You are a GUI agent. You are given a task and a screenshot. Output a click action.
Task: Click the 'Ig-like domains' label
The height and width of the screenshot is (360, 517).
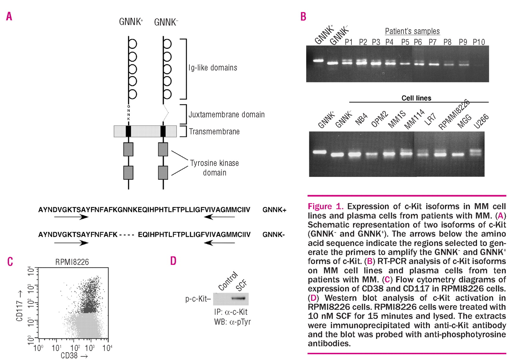click(213, 68)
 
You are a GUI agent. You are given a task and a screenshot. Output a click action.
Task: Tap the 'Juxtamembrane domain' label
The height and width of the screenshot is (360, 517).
click(226, 115)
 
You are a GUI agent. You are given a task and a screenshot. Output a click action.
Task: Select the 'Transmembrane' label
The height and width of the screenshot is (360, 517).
click(214, 132)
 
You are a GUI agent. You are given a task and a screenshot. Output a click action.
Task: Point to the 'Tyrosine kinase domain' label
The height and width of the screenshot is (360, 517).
click(215, 167)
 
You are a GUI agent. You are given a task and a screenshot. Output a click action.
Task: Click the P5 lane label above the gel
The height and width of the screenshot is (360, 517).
click(405, 42)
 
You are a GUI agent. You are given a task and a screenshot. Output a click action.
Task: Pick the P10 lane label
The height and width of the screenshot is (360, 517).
click(479, 42)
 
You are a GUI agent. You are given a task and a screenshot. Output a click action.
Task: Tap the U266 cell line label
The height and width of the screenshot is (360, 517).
click(481, 121)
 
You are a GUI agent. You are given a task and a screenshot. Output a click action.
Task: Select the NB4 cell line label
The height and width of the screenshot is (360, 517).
click(361, 120)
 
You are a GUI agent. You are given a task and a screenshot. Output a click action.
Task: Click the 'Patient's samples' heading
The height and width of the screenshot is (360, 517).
click(412, 31)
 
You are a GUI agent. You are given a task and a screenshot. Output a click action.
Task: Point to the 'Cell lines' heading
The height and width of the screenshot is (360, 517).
click(416, 98)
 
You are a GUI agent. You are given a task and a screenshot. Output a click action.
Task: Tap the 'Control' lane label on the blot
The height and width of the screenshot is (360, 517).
click(228, 281)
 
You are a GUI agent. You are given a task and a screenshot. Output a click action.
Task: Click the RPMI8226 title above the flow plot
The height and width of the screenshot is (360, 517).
click(72, 262)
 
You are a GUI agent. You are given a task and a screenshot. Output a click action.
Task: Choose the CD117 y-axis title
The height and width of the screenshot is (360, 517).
click(20, 306)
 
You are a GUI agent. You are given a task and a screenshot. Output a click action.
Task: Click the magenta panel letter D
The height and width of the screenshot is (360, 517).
click(173, 261)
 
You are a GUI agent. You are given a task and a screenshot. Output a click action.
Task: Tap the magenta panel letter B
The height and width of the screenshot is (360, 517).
click(303, 17)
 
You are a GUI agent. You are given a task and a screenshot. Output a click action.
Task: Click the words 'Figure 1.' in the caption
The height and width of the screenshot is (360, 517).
click(325, 206)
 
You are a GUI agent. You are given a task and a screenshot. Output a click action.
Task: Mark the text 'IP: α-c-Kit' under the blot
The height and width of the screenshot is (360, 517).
click(231, 312)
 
